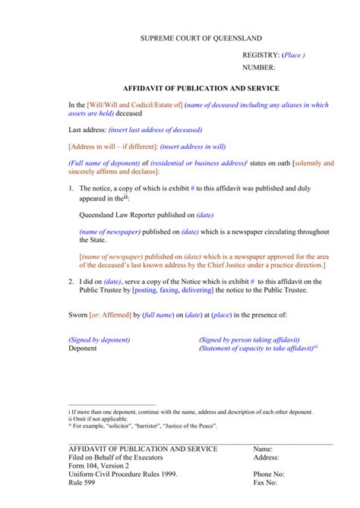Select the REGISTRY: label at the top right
click(261, 56)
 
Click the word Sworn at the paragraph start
click(78, 314)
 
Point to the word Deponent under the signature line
click(83, 349)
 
